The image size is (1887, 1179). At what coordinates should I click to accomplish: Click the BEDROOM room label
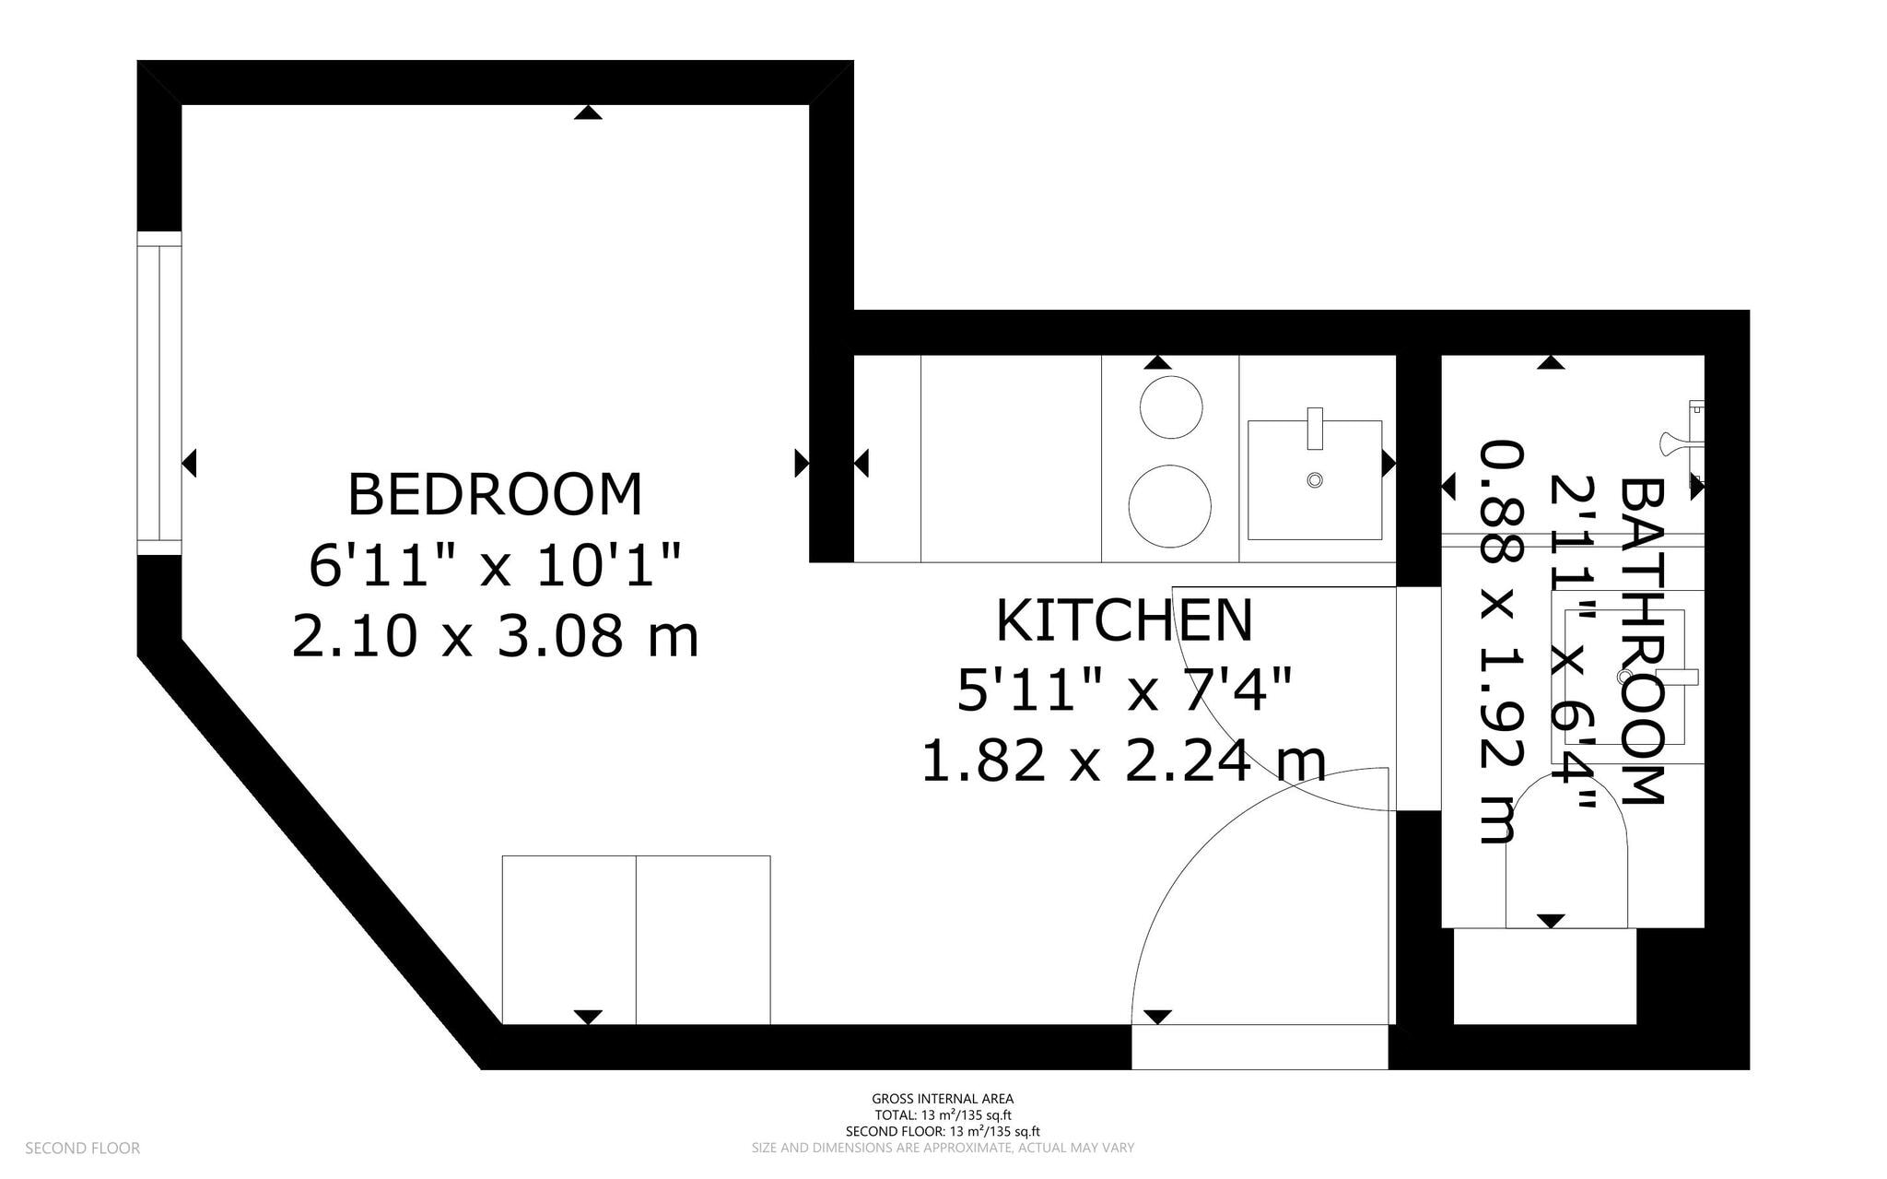[x=495, y=495]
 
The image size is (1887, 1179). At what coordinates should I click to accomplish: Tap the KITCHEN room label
[x=1124, y=621]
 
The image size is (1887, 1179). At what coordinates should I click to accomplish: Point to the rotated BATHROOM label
[x=1642, y=641]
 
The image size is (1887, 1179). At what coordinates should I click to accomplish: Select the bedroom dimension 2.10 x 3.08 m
[x=495, y=637]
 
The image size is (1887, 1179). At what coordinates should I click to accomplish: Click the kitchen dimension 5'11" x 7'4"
[x=1124, y=690]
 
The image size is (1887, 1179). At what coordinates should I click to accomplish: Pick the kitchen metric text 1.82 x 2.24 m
[x=1124, y=761]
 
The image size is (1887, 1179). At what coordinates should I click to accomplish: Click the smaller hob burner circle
[x=1171, y=407]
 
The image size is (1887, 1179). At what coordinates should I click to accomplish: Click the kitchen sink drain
[x=1315, y=479]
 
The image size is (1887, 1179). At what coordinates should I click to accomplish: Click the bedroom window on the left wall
[x=159, y=393]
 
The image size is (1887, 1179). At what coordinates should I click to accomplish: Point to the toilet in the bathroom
[x=1566, y=853]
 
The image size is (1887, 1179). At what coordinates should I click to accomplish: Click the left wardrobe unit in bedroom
[x=568, y=939]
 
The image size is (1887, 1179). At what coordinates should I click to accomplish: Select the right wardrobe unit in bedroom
[x=703, y=939]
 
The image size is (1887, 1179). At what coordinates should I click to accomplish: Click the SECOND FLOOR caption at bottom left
[x=82, y=1149]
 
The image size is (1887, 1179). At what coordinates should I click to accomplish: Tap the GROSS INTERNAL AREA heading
[x=943, y=1099]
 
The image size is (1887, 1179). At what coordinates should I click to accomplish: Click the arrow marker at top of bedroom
[x=588, y=112]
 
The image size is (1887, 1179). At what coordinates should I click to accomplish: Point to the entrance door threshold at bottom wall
[x=1260, y=1046]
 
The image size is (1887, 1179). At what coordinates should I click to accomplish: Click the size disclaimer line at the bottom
[x=943, y=1149]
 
